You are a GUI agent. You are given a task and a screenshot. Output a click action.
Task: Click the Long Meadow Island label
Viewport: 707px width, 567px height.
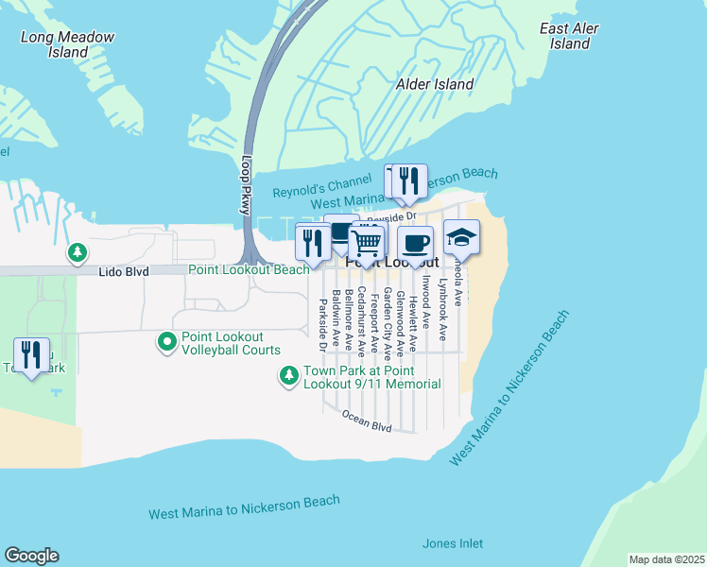(x=68, y=44)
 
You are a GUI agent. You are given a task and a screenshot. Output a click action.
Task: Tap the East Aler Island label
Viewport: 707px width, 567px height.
(x=570, y=36)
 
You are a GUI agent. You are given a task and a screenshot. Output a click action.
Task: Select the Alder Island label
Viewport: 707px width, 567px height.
(x=435, y=84)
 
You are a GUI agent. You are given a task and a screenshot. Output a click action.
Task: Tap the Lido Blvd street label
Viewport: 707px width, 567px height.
(x=124, y=270)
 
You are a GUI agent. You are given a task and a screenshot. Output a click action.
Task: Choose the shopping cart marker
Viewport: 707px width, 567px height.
(x=367, y=243)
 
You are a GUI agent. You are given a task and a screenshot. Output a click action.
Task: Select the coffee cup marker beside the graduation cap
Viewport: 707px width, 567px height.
(x=415, y=244)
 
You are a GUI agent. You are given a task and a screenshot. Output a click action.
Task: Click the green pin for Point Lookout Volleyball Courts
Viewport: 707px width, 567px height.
(x=167, y=341)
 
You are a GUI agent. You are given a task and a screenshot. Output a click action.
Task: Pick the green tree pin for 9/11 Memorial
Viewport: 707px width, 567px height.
(x=289, y=376)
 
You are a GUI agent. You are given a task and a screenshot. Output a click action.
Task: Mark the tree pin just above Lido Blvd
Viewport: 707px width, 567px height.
(x=77, y=252)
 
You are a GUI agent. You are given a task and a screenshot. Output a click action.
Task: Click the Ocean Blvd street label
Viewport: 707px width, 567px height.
(x=367, y=421)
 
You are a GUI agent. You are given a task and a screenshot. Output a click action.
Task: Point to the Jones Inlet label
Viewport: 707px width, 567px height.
(x=452, y=543)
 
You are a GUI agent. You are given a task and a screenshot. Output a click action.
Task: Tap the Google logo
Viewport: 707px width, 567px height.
(x=31, y=556)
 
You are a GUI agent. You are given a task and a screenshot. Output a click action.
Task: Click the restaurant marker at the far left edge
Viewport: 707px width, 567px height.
(x=31, y=356)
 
